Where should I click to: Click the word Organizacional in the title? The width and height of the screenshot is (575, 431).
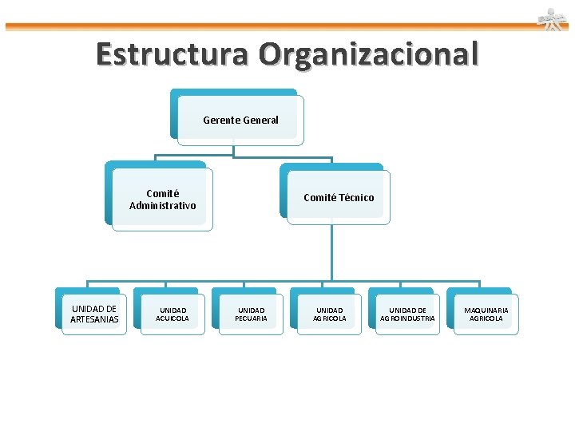pos(368,54)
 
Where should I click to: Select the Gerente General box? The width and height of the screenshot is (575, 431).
pos(240,120)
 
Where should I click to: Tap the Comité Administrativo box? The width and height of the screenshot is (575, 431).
pos(162,200)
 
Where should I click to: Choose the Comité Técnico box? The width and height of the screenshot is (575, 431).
pos(338,197)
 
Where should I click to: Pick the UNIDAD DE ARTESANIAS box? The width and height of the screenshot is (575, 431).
pos(94,314)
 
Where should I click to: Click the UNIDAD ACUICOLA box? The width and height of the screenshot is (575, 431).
pos(172,314)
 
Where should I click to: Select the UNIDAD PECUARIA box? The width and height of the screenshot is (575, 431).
pos(251,314)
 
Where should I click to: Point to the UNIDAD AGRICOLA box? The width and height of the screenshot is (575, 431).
pos(329,314)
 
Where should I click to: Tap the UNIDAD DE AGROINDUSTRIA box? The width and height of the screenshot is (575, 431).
pos(407,314)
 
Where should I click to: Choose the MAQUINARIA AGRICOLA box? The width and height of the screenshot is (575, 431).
pos(486,314)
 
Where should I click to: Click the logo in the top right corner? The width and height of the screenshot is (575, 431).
pos(551,19)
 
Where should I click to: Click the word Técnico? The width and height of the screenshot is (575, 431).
pos(356,198)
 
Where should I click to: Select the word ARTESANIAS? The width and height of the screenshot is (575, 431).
pos(94,320)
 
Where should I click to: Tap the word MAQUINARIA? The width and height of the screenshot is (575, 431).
pos(486,310)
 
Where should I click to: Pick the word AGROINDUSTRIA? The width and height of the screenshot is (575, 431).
pos(407,318)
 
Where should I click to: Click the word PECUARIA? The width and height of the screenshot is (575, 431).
pos(251,318)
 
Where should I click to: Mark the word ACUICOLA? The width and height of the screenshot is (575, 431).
pos(172,318)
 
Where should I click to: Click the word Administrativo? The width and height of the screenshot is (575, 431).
pos(162,206)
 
